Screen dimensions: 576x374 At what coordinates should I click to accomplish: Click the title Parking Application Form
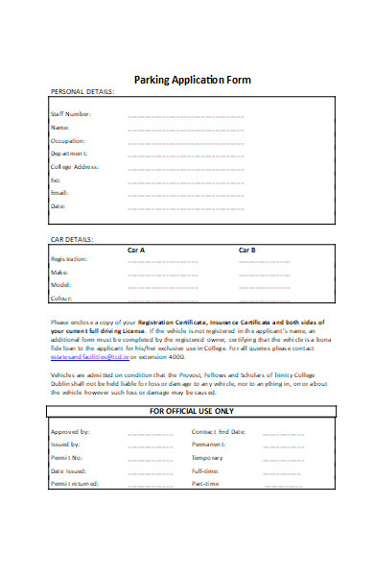click(193, 80)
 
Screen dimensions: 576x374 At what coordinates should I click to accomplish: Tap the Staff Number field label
click(71, 113)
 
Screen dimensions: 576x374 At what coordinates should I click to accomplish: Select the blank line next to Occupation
click(186, 140)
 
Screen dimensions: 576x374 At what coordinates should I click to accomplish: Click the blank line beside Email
click(186, 193)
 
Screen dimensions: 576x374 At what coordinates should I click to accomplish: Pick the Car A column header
click(136, 250)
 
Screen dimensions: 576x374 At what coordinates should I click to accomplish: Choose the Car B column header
click(247, 250)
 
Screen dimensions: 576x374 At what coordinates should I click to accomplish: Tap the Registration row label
click(69, 259)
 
